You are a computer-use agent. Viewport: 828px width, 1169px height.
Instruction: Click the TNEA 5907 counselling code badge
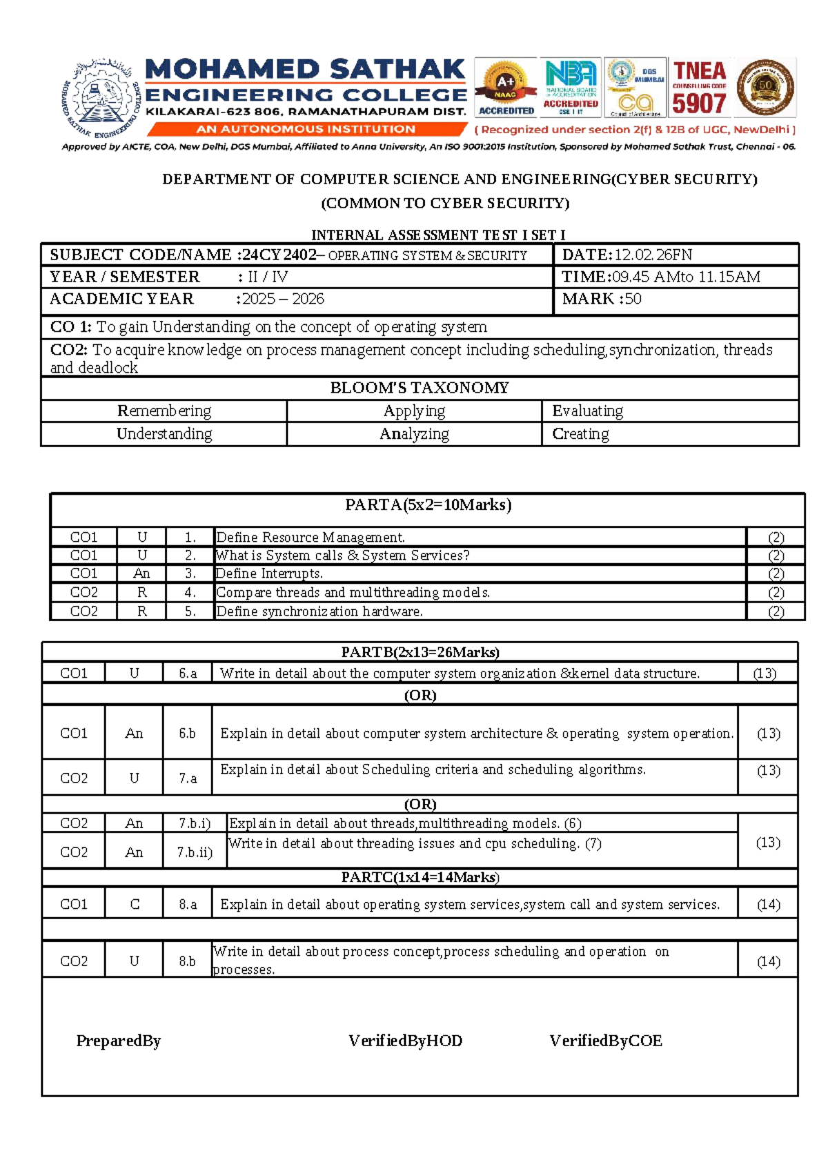pyautogui.click(x=699, y=88)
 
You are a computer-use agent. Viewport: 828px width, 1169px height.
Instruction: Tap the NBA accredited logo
pyautogui.click(x=571, y=88)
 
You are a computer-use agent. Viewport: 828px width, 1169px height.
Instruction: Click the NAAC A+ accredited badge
pyautogui.click(x=506, y=88)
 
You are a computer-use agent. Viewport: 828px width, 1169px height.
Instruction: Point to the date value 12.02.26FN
pyautogui.click(x=653, y=255)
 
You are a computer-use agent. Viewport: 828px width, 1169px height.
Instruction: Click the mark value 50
pyautogui.click(x=633, y=299)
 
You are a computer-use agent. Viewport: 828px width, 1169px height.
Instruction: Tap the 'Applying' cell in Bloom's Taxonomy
pyautogui.click(x=414, y=411)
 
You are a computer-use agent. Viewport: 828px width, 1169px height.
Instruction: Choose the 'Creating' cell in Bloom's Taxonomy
pyautogui.click(x=580, y=434)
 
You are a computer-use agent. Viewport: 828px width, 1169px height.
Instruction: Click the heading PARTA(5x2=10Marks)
pyautogui.click(x=428, y=505)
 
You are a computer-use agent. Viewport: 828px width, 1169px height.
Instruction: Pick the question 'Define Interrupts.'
pyautogui.click(x=269, y=573)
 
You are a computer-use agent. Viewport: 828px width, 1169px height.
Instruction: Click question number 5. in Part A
pyautogui.click(x=190, y=611)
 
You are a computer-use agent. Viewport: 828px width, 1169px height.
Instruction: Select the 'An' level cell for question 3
pyautogui.click(x=141, y=573)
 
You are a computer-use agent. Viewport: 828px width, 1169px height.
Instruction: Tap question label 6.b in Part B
pyautogui.click(x=187, y=734)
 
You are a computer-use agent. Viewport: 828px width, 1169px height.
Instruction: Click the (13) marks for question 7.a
pyautogui.click(x=768, y=771)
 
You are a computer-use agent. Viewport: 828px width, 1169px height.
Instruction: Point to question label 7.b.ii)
pyautogui.click(x=194, y=852)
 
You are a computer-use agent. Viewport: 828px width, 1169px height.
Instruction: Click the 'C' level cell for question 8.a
pyautogui.click(x=135, y=904)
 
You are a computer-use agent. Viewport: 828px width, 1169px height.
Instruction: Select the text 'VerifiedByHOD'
pyautogui.click(x=405, y=1041)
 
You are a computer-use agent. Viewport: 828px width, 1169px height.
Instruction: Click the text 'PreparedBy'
pyautogui.click(x=118, y=1041)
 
